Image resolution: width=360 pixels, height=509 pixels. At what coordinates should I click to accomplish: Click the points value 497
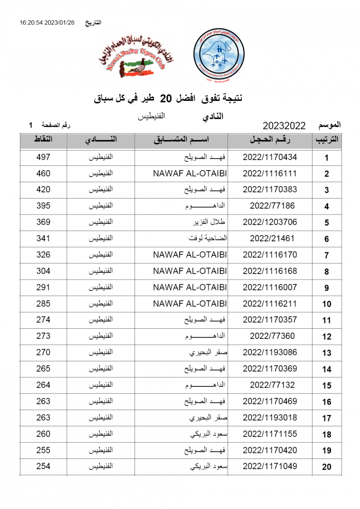(43, 157)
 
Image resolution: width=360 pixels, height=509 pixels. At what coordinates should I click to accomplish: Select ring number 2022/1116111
(270, 173)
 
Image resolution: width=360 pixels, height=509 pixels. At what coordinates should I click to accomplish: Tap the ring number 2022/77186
(272, 206)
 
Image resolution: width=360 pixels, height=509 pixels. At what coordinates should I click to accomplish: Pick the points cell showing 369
(43, 222)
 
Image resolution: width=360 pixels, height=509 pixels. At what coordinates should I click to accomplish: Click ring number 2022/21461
(272, 238)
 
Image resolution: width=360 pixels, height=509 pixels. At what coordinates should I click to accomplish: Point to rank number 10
(326, 304)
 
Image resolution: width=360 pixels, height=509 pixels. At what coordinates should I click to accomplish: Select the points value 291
(43, 287)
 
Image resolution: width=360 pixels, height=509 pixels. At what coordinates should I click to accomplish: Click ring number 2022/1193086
(270, 352)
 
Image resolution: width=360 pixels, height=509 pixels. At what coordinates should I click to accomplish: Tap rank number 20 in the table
(326, 467)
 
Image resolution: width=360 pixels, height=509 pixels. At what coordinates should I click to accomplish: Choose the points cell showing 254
(43, 466)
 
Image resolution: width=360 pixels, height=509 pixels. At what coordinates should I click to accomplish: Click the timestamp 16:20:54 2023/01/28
(47, 23)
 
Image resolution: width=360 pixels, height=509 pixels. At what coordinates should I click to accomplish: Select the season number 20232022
(284, 126)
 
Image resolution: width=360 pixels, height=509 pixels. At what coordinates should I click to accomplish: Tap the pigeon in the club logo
(138, 68)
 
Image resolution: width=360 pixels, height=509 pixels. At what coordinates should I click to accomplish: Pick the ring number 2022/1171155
(270, 434)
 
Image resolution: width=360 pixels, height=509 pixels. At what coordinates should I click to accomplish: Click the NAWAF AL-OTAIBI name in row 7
(190, 255)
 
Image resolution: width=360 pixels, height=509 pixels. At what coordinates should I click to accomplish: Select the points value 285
(43, 304)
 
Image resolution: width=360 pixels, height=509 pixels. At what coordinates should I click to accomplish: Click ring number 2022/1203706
(270, 222)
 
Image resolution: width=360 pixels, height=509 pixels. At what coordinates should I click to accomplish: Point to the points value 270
(43, 352)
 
